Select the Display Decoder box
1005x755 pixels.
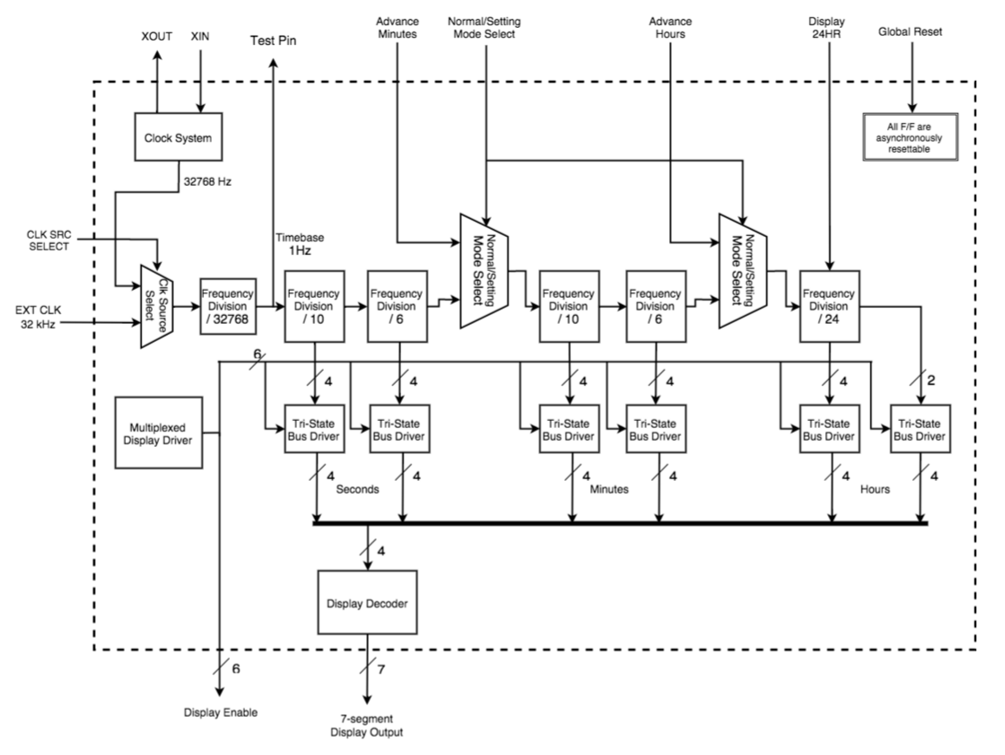click(367, 602)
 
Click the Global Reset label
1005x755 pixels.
click(910, 33)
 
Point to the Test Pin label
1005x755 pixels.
click(274, 41)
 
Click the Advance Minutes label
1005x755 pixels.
click(397, 26)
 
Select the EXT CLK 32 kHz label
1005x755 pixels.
click(42, 318)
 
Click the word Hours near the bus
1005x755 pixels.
click(875, 489)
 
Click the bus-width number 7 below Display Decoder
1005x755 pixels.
click(380, 670)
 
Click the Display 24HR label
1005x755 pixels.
click(831, 26)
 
